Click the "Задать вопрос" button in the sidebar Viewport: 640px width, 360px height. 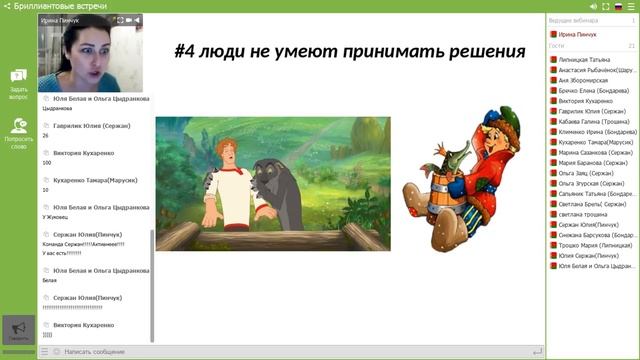[x=18, y=84]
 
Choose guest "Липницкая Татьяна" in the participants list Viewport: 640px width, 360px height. [x=590, y=59]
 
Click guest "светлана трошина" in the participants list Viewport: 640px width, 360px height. [x=586, y=213]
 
